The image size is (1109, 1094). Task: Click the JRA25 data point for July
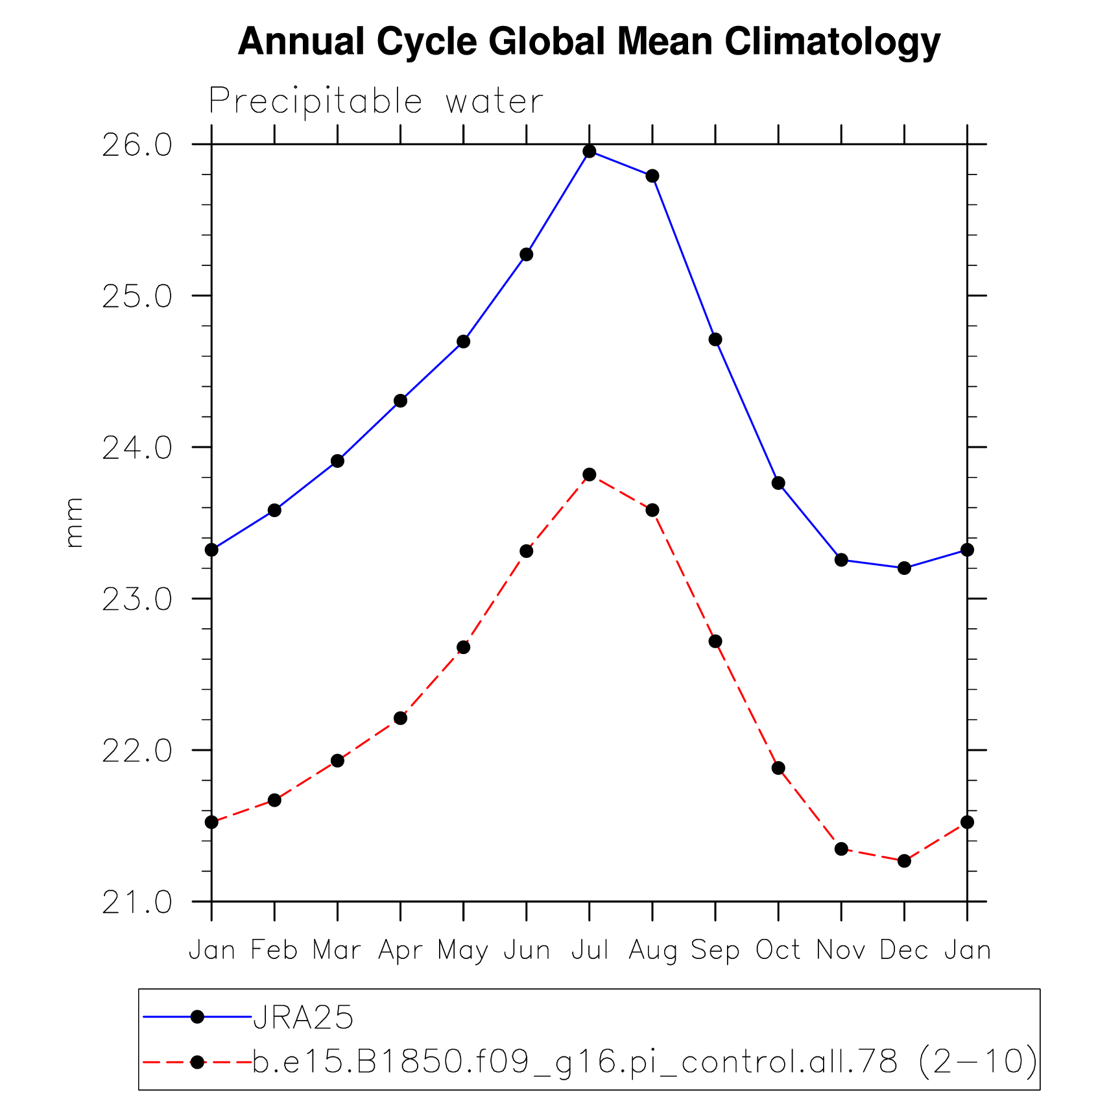click(x=589, y=151)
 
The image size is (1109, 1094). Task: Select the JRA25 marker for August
click(x=652, y=176)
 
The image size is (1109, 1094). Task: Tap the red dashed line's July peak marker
click(x=589, y=474)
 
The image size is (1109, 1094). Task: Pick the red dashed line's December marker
click(x=903, y=860)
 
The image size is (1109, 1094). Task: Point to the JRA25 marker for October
click(x=778, y=483)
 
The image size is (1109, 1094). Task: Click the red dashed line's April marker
click(x=400, y=718)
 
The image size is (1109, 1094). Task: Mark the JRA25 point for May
click(x=463, y=341)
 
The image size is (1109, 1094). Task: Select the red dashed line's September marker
click(x=715, y=641)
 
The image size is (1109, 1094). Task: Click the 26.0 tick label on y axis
click(x=137, y=145)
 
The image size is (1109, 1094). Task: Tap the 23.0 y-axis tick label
click(x=137, y=600)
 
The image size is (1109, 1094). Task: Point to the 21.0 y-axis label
click(x=137, y=903)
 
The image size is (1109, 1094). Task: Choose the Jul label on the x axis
click(x=589, y=951)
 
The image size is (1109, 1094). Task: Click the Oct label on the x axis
click(x=778, y=951)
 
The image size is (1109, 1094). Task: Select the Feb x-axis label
click(x=274, y=951)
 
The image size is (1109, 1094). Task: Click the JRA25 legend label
click(x=303, y=1017)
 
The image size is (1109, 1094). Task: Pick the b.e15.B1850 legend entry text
click(x=644, y=1062)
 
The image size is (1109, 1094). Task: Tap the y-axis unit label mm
click(x=74, y=522)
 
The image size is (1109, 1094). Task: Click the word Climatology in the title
click(x=832, y=42)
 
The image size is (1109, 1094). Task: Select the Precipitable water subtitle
click(x=376, y=101)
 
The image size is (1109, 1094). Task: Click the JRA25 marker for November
click(x=841, y=559)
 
